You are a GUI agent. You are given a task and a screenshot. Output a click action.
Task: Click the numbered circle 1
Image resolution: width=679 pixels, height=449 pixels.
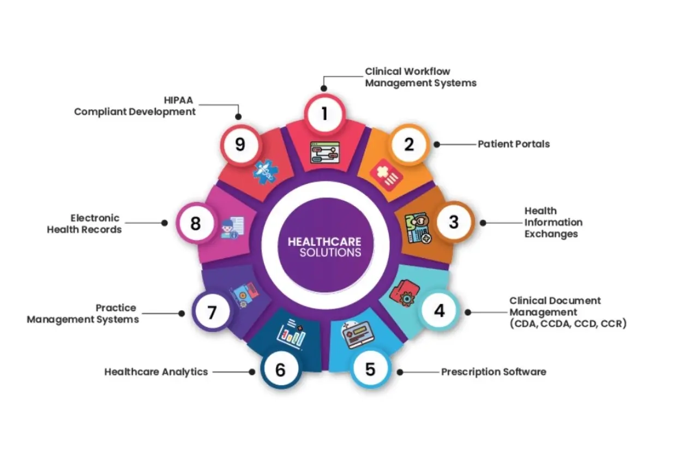tap(325, 113)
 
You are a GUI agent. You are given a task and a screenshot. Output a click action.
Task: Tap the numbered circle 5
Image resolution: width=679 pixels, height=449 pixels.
tap(370, 369)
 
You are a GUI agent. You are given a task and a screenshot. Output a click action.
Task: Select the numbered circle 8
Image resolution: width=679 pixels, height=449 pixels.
tap(195, 223)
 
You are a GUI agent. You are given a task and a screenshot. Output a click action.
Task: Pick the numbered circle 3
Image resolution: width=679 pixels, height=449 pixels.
tap(453, 222)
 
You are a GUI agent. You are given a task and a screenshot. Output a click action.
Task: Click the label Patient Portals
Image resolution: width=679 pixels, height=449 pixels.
tap(514, 144)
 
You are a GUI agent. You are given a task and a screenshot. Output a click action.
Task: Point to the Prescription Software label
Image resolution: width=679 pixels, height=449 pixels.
tap(494, 372)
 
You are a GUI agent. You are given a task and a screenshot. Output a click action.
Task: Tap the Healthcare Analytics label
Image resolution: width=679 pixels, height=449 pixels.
tap(156, 372)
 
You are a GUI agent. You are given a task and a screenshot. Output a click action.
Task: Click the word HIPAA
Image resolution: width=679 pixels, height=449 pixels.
tap(178, 100)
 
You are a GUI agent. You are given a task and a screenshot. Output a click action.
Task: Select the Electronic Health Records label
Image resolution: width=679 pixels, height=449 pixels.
tap(85, 224)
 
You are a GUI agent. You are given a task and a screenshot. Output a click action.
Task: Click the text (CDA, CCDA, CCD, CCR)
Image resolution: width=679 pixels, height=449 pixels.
tap(568, 324)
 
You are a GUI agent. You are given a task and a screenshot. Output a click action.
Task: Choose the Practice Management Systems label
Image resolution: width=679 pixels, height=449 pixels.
tap(83, 314)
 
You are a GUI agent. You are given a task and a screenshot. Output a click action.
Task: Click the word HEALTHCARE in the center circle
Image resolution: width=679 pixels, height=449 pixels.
tap(324, 242)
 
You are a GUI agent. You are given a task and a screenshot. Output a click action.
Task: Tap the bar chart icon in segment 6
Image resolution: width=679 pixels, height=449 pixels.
tap(290, 332)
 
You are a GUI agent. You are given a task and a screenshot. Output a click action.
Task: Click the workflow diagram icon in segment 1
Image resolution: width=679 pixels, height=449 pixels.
tap(325, 153)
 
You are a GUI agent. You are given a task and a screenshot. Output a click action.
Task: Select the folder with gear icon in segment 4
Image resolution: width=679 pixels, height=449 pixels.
tap(404, 295)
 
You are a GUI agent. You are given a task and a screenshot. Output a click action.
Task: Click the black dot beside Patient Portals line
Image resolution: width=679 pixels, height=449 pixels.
tap(437, 145)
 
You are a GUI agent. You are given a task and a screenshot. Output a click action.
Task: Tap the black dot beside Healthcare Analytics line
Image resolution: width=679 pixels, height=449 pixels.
tap(252, 372)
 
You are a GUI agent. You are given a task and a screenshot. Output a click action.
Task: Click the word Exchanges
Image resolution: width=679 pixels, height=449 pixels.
tap(551, 234)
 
